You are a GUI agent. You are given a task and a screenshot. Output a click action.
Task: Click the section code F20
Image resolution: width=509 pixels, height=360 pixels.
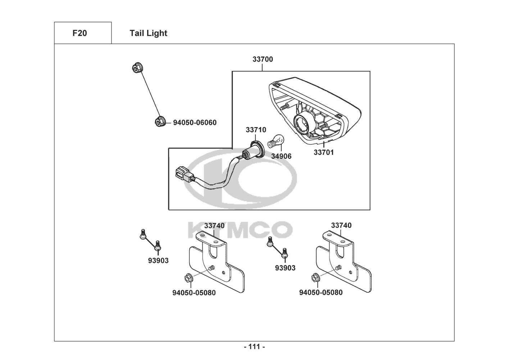[x=79, y=33]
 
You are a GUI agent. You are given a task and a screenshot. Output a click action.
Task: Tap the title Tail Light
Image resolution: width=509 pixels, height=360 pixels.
[x=148, y=33]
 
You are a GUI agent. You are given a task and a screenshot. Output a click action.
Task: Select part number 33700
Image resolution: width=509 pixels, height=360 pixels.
[x=263, y=59]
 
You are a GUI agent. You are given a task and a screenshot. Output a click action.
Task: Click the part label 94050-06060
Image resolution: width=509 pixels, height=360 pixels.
[x=195, y=122]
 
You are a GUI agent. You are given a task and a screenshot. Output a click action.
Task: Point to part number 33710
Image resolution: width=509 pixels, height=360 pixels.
[x=256, y=130]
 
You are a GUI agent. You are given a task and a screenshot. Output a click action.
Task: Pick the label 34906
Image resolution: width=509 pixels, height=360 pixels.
[x=281, y=156]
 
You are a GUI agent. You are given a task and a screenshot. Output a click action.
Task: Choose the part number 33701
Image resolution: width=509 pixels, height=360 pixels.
[x=324, y=152]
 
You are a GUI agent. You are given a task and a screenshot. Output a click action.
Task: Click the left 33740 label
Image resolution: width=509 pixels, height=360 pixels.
[x=214, y=226]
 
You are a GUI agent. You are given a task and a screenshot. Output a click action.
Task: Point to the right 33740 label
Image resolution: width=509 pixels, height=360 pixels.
[x=341, y=225]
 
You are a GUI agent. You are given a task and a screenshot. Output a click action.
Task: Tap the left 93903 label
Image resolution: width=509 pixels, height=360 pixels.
[x=158, y=261]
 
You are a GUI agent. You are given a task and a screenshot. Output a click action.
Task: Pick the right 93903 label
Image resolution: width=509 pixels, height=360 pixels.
[x=285, y=268]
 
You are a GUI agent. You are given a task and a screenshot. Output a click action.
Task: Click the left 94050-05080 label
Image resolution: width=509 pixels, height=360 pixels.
[x=194, y=293]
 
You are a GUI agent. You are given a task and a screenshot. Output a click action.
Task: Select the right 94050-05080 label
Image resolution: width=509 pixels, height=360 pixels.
[x=321, y=292]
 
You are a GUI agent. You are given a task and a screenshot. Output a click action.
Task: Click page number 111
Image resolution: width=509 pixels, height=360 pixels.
[x=254, y=347]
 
